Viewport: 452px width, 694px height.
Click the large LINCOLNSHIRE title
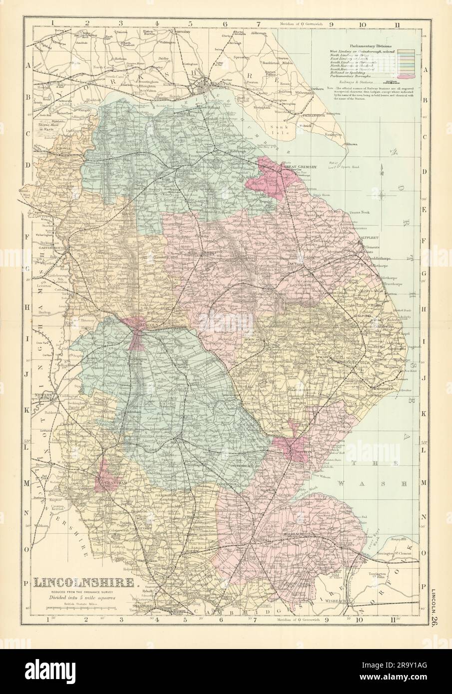(83, 582)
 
